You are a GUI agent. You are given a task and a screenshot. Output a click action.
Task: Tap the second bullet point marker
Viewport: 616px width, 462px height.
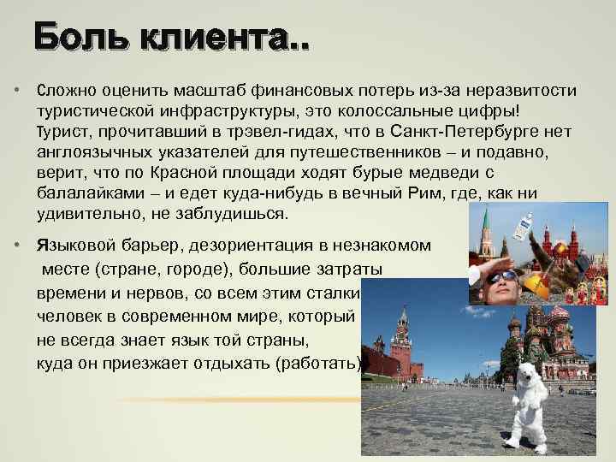pos(16,245)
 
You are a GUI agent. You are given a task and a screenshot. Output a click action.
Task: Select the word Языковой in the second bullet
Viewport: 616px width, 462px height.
pos(73,245)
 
